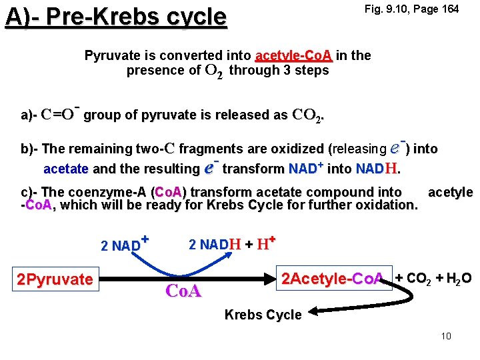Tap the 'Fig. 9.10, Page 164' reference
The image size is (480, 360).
pyautogui.click(x=411, y=9)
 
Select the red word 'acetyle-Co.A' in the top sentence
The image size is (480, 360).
pyautogui.click(x=293, y=55)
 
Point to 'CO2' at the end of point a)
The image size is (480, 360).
pyautogui.click(x=307, y=115)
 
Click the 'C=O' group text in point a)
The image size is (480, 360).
pyautogui.click(x=58, y=115)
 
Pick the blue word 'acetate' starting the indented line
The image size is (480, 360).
pyautogui.click(x=66, y=169)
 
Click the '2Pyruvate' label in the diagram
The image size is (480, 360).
pyautogui.click(x=55, y=279)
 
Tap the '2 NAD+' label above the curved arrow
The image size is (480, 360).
pyautogui.click(x=124, y=244)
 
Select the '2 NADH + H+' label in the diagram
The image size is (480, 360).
pyautogui.click(x=233, y=244)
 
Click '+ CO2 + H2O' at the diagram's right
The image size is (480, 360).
pyautogui.click(x=433, y=278)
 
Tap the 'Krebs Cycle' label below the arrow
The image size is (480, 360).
pyautogui.click(x=263, y=315)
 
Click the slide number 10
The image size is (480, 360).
pyautogui.click(x=446, y=336)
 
